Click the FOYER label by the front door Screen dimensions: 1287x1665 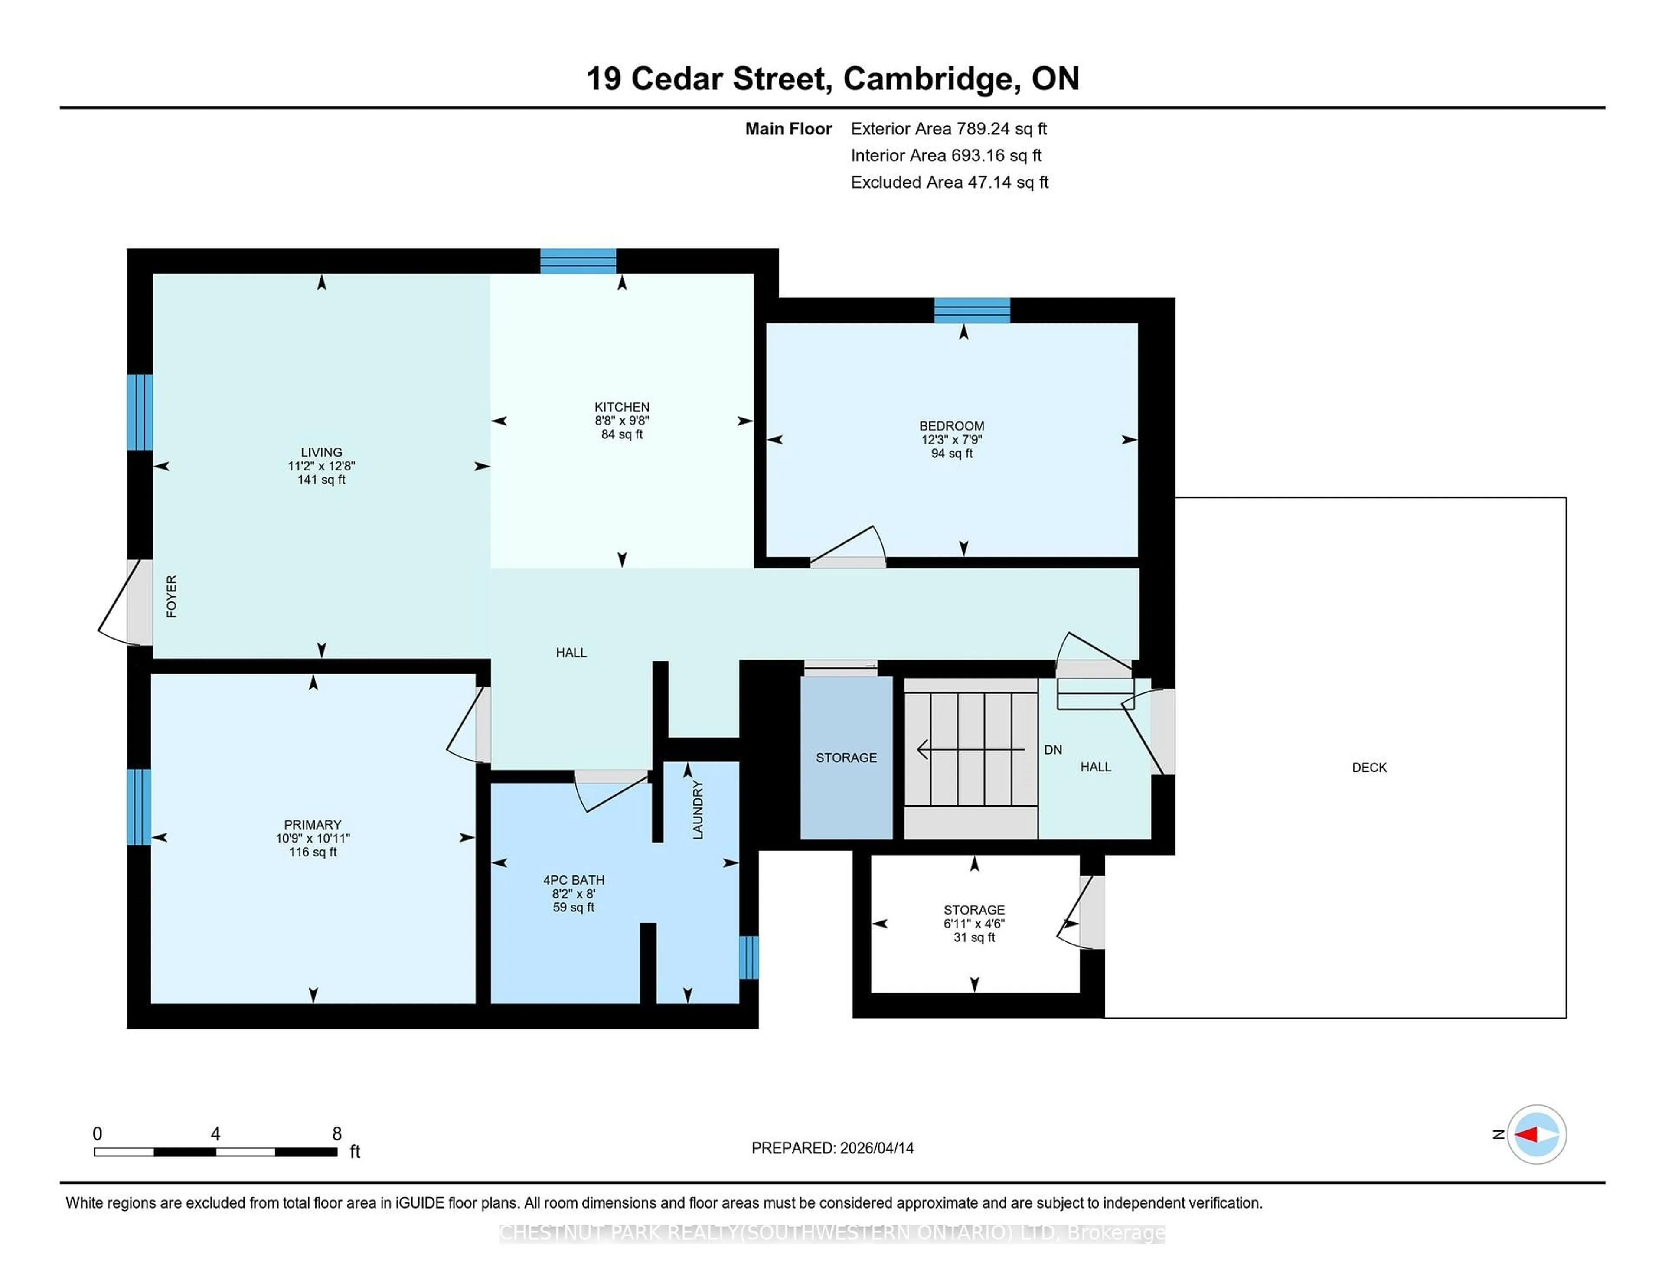(172, 596)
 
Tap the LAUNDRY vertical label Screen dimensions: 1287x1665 (698, 810)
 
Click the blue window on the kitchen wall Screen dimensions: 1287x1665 (578, 261)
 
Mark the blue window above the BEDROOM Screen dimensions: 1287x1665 (972, 310)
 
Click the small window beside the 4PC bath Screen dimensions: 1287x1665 (749, 957)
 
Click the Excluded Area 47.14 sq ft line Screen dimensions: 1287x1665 (949, 182)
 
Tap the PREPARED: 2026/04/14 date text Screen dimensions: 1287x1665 (832, 1148)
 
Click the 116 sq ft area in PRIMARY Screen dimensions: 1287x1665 (313, 853)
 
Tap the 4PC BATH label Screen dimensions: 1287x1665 (573, 880)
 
